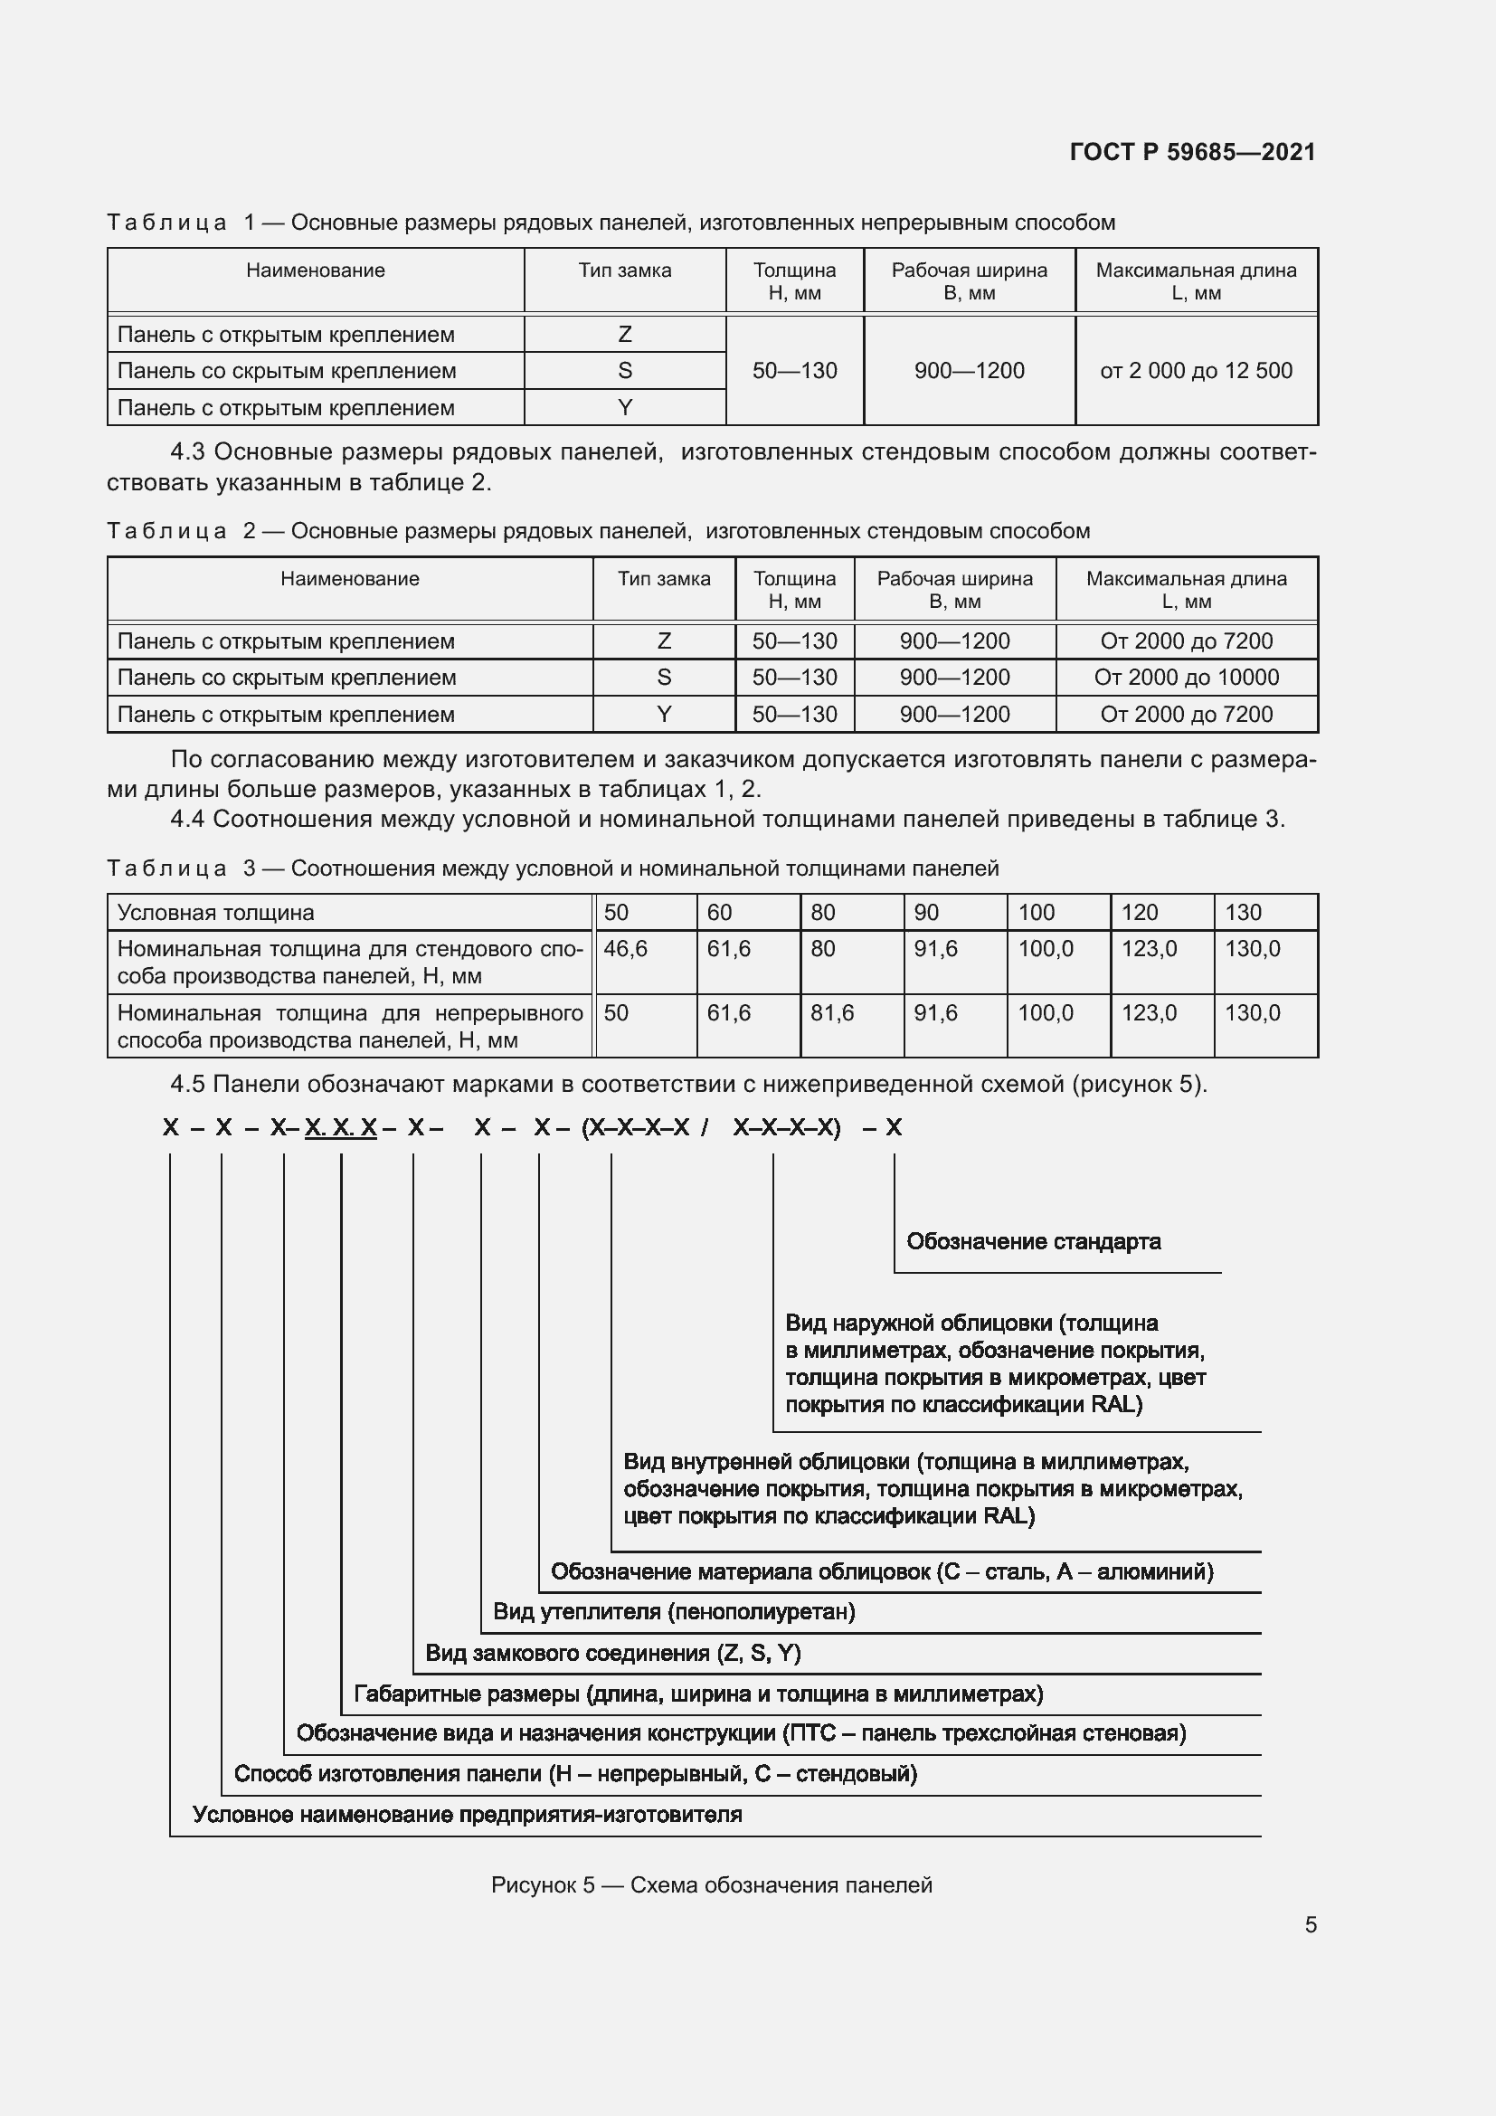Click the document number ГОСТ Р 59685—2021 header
[x=1192, y=152]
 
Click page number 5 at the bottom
[x=1310, y=1924]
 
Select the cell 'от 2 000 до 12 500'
[x=1196, y=371]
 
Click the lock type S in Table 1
[x=625, y=371]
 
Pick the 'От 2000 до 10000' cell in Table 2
[x=1186, y=678]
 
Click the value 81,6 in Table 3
[x=832, y=1013]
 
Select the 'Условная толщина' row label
[x=215, y=913]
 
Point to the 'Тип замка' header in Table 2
[x=663, y=579]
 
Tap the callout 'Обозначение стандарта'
[x=1033, y=1241]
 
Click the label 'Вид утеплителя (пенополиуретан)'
[x=674, y=1612]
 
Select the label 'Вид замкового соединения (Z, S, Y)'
[x=612, y=1653]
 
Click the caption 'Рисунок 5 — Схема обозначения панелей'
[x=711, y=1884]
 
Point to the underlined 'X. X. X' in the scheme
[x=340, y=1127]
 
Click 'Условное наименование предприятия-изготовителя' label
[x=466, y=1815]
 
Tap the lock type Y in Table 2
[x=663, y=715]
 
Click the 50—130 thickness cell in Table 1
[x=794, y=371]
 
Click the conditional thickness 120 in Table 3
[x=1139, y=913]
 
